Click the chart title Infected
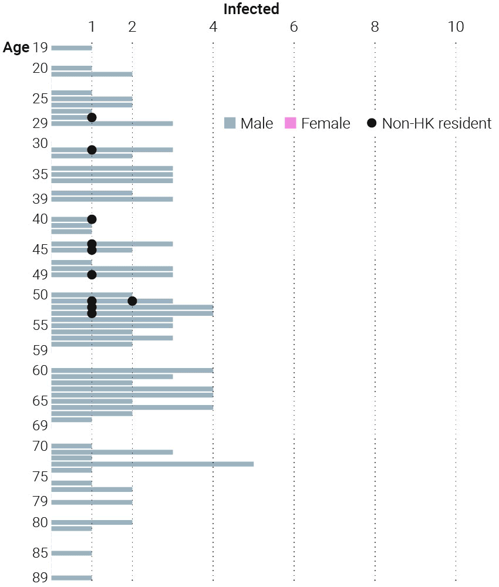pos(251,9)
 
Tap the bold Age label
pos(16,48)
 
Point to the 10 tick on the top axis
pos(456,26)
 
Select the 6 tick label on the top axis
pos(294,26)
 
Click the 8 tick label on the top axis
pos(375,26)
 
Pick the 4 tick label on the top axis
pos(213,26)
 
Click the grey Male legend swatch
pos(230,123)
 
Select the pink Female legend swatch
pos(291,123)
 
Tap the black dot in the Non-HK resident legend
pos(372,123)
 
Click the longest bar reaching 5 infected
pos(153,464)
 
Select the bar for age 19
pos(72,48)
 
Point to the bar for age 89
pos(72,578)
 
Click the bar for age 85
pos(72,554)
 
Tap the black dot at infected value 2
pos(132,301)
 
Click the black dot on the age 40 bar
pos(92,220)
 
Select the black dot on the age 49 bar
pos(92,275)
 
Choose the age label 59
pos(40,350)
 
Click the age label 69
pos(40,426)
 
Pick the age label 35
pos(40,174)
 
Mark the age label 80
pos(40,522)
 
